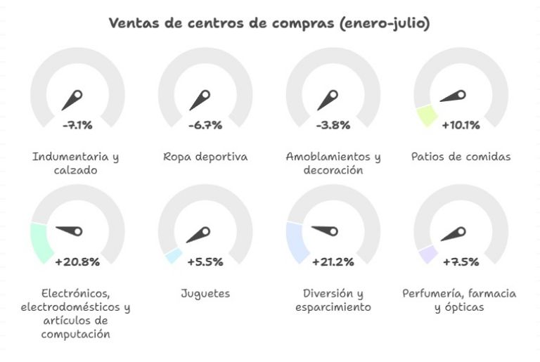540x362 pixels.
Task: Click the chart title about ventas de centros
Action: (x=269, y=23)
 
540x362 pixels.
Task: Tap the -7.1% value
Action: (x=77, y=126)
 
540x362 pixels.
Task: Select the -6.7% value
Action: (x=205, y=126)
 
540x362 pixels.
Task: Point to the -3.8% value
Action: (x=333, y=126)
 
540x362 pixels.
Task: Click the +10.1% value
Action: (x=461, y=126)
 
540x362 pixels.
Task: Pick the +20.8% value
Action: (x=77, y=262)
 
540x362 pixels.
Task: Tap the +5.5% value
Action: (x=205, y=262)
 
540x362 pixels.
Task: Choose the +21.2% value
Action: (x=333, y=262)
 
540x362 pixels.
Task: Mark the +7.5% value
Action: (x=461, y=262)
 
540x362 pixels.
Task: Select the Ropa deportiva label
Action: (x=205, y=156)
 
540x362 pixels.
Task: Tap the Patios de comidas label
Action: (x=461, y=156)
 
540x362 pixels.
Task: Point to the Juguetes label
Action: (x=205, y=292)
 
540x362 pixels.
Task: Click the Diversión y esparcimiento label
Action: (x=333, y=299)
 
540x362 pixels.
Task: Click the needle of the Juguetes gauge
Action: (x=200, y=235)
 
